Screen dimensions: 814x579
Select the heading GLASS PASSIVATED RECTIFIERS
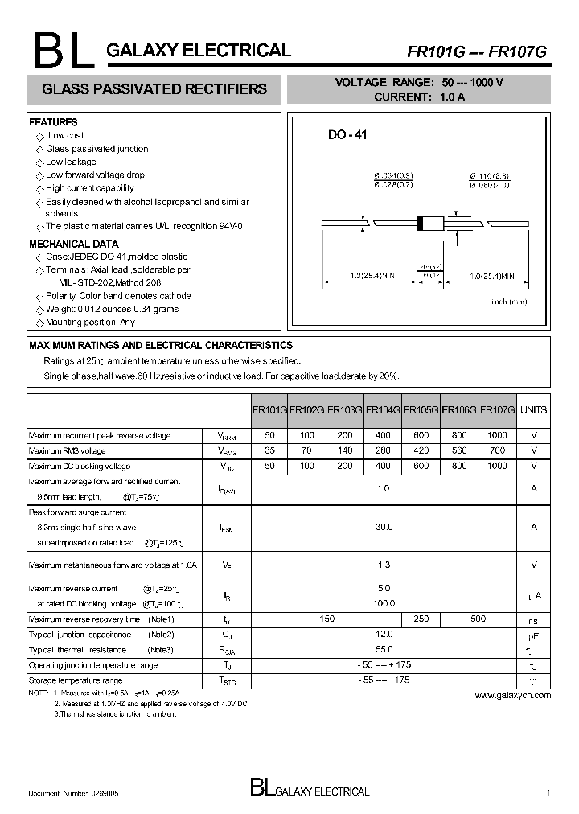click(x=154, y=88)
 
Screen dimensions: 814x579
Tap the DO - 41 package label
click(x=347, y=136)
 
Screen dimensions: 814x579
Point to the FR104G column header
click(x=383, y=409)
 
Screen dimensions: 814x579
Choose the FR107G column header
click(x=497, y=409)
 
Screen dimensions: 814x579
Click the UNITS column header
click(x=533, y=409)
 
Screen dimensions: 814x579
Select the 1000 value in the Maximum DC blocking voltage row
click(x=497, y=466)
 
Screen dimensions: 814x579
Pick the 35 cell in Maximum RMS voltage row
click(x=269, y=450)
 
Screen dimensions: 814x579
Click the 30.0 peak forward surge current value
click(x=384, y=527)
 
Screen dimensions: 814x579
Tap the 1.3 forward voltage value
click(x=384, y=565)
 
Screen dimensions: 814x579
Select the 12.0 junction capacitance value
click(x=384, y=634)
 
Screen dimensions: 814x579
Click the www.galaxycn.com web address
click(x=512, y=695)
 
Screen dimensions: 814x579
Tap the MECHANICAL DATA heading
click(x=73, y=244)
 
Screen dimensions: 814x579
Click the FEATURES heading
click(x=53, y=122)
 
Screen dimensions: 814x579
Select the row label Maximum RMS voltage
click(x=68, y=450)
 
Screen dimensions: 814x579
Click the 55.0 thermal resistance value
click(x=384, y=649)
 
